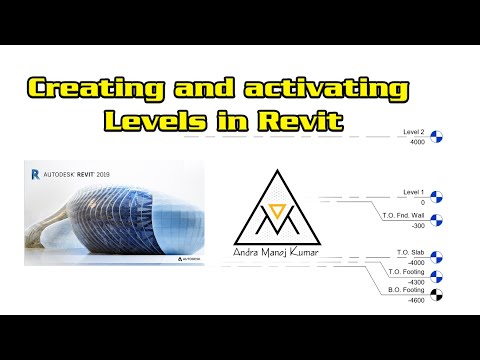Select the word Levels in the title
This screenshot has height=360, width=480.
[159, 123]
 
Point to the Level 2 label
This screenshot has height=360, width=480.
[413, 132]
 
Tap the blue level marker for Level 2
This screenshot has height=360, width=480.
[449, 138]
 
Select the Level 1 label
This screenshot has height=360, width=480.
[413, 190]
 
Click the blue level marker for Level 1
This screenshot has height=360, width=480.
[449, 197]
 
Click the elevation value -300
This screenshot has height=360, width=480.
[417, 226]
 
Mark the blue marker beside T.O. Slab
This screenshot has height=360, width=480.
[449, 257]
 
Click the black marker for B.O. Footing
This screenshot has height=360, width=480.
[449, 294]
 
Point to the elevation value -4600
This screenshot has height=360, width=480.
[416, 299]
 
